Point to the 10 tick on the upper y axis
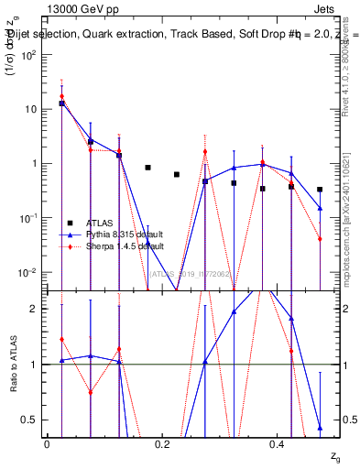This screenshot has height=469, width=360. coord(29,109)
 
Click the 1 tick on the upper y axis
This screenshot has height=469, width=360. coord(33,163)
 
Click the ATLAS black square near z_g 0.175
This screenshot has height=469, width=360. coord(148,168)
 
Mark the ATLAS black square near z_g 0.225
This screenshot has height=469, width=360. coord(177,174)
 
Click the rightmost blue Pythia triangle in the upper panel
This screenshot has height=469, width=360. coord(320,208)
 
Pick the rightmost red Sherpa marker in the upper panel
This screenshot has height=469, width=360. coord(320,239)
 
